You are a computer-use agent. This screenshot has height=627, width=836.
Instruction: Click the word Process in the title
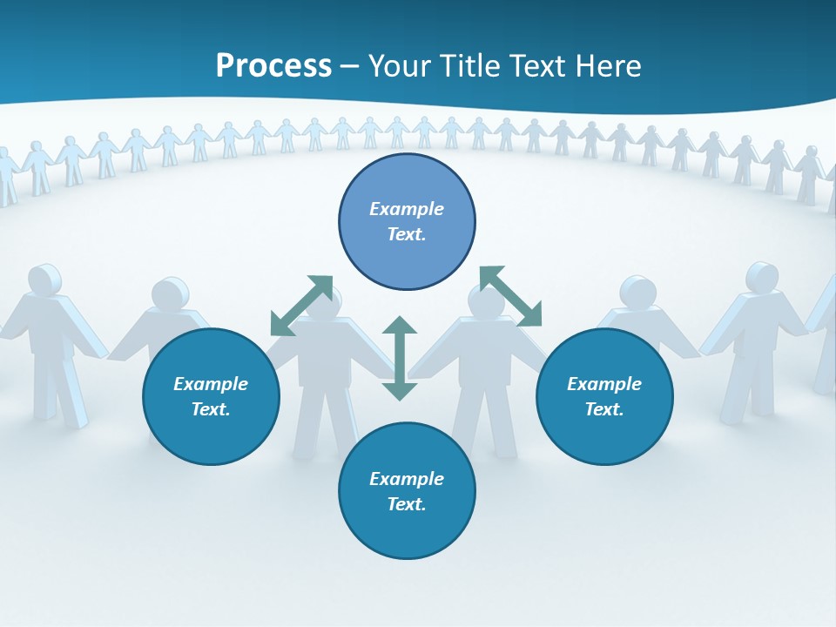click(273, 65)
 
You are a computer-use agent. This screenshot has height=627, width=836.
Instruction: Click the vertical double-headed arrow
click(400, 358)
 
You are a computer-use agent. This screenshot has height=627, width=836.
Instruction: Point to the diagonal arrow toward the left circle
click(301, 306)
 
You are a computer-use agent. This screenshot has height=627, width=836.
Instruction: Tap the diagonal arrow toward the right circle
click(510, 296)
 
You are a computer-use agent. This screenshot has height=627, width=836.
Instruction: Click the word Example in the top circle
click(407, 209)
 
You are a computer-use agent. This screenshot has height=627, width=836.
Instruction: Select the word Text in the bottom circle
click(407, 504)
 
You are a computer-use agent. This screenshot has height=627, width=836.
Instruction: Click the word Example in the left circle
click(211, 384)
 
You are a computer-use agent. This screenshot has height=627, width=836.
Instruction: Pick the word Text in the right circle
click(604, 409)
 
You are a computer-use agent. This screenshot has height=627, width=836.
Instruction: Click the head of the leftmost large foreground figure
click(44, 280)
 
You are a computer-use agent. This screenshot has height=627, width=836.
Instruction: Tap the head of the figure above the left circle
click(165, 293)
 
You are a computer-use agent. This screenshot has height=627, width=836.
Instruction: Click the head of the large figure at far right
click(762, 277)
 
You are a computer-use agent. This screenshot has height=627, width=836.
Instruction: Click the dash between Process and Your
click(350, 66)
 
